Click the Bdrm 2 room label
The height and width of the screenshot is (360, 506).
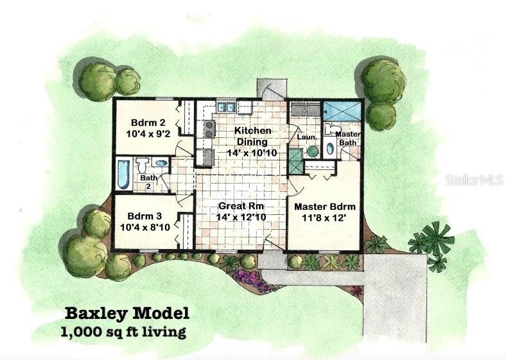[144, 123]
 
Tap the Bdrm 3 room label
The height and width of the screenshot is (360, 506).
[144, 216]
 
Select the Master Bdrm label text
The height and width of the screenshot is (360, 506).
[324, 207]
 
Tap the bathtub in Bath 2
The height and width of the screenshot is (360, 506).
[123, 174]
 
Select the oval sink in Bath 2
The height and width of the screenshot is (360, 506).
[161, 164]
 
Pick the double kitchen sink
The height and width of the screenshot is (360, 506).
[225, 107]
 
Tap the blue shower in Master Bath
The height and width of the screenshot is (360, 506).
[342, 110]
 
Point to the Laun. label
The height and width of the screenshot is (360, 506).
[305, 136]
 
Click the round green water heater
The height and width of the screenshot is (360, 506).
[311, 151]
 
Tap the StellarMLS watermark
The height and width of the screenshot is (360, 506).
[473, 180]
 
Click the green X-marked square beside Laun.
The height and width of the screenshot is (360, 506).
[295, 161]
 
